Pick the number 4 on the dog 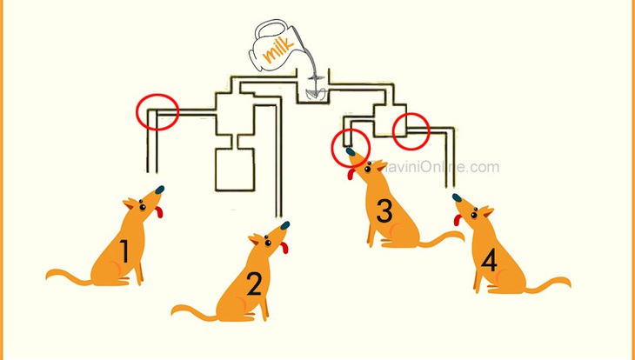(x=489, y=261)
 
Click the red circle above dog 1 (x=157, y=110)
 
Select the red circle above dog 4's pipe (x=411, y=131)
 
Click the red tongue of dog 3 (x=352, y=173)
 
